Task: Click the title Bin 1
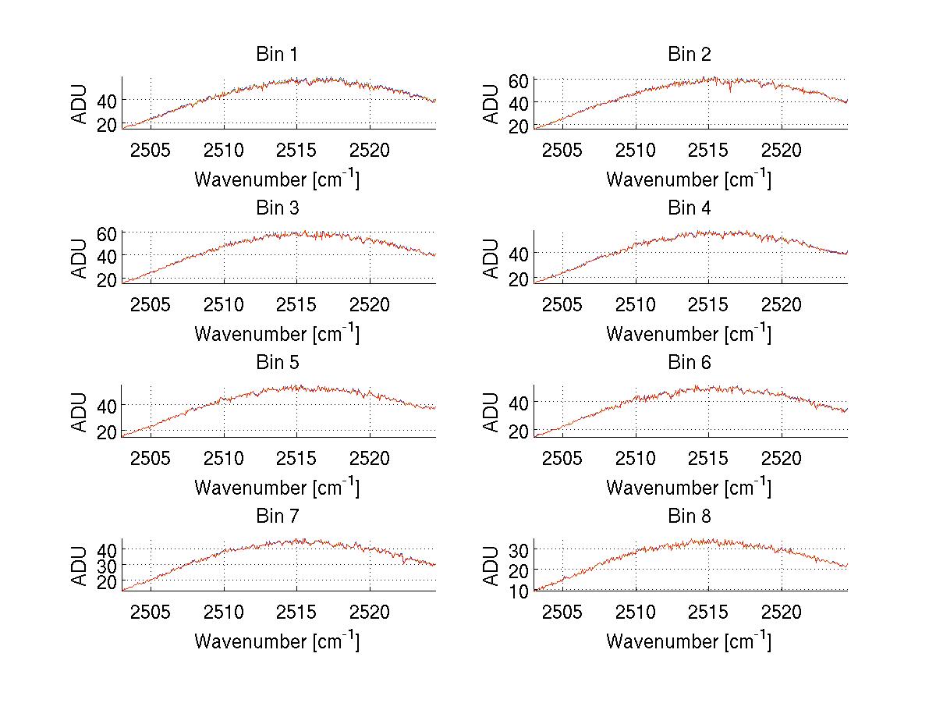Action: tap(277, 55)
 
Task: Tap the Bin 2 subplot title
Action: tap(690, 55)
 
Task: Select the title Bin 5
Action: tap(277, 363)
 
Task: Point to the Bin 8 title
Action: tap(690, 517)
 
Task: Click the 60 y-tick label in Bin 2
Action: tap(519, 80)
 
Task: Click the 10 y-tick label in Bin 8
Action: tap(519, 591)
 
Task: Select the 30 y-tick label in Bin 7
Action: tap(108, 564)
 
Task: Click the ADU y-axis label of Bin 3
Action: tap(81, 256)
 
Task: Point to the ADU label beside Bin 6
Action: tap(493, 410)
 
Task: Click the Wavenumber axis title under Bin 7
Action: tap(277, 641)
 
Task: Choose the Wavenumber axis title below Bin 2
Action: tap(690, 179)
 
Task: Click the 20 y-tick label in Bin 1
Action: tap(108, 123)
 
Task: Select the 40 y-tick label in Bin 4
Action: tap(519, 254)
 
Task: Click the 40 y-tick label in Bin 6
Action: tap(519, 402)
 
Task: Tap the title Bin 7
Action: tap(277, 517)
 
